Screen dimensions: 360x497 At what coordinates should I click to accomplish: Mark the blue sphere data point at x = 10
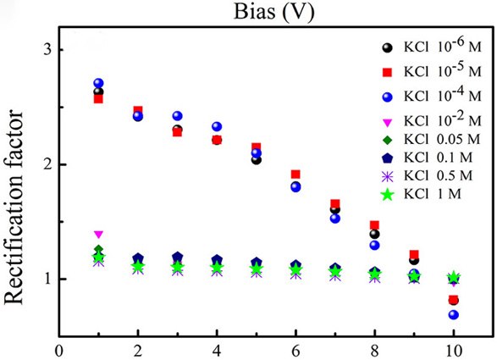click(454, 314)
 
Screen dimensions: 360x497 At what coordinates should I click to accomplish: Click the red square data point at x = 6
click(295, 174)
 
